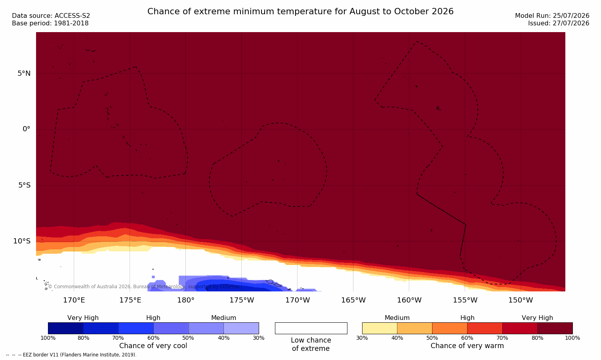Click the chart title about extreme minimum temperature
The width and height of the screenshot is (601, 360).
coord(300,11)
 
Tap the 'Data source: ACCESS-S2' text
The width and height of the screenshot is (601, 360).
coord(51,16)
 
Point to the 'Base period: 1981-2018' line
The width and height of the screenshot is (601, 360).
coord(50,23)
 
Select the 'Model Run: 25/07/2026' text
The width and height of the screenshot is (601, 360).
coord(552,16)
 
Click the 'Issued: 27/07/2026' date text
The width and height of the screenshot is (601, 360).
coord(559,23)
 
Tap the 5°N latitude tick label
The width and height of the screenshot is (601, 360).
coord(24,73)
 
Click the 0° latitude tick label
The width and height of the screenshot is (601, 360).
coord(26,129)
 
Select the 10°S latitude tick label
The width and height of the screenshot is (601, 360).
coord(22,241)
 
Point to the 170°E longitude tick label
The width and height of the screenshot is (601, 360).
coord(74,300)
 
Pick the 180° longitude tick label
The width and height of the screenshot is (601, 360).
coord(186,300)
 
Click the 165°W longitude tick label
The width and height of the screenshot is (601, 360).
coord(353,300)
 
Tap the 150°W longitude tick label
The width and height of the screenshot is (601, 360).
coord(521,300)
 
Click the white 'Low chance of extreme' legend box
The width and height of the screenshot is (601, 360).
coord(311,328)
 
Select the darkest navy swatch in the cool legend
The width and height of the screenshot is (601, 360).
coord(66,328)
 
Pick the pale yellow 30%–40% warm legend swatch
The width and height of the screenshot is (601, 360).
coord(380,328)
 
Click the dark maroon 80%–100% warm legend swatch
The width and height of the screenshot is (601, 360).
coord(555,328)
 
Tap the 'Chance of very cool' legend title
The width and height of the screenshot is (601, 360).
coord(153,346)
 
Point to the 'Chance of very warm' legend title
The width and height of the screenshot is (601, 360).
coord(467,346)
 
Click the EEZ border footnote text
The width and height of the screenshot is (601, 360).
coord(71,355)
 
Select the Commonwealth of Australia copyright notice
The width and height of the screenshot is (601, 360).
coord(144,287)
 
